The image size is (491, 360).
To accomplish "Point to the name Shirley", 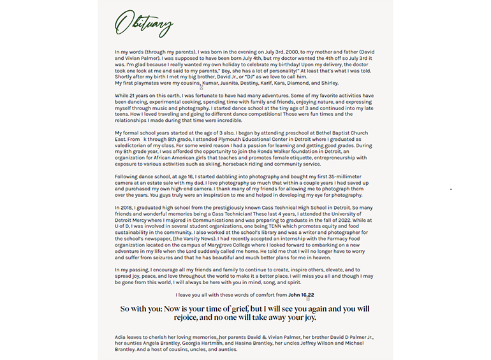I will click(330, 83).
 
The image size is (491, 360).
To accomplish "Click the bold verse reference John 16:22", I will click(301, 295).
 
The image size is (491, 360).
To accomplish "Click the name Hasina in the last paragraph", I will click(246, 343).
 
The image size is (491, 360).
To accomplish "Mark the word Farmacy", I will click(342, 238).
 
